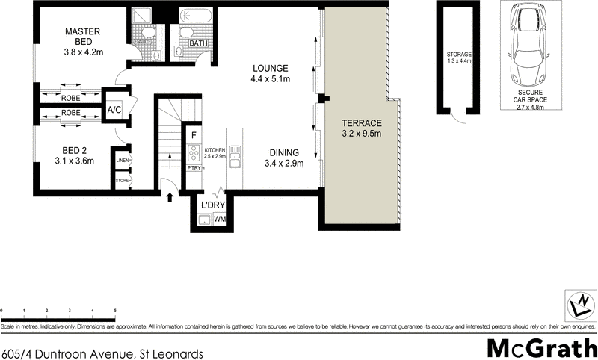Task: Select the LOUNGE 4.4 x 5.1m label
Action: coord(269,73)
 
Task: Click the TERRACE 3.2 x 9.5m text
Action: coord(362,128)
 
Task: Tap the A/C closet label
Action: coord(114,110)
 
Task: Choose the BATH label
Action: coord(198,44)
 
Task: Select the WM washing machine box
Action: coord(220,219)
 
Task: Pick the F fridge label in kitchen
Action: coord(194,135)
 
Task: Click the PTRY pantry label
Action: coord(193,169)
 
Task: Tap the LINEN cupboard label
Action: coord(122,160)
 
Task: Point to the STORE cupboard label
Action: coord(122,181)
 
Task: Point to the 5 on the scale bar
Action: coord(115,310)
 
